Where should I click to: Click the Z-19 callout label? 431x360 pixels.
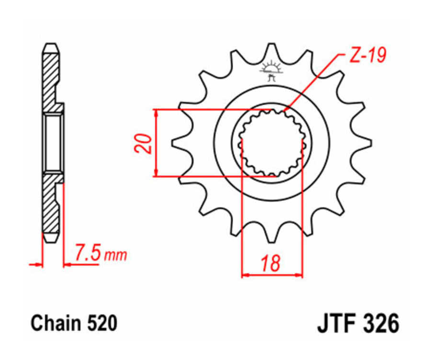tap(367, 56)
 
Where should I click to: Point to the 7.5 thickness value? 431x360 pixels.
tap(87, 253)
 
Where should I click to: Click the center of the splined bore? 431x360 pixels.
tap(272, 143)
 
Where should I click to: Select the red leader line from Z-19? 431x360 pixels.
tap(316, 81)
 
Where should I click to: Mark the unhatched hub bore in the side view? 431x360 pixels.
tap(53, 143)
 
